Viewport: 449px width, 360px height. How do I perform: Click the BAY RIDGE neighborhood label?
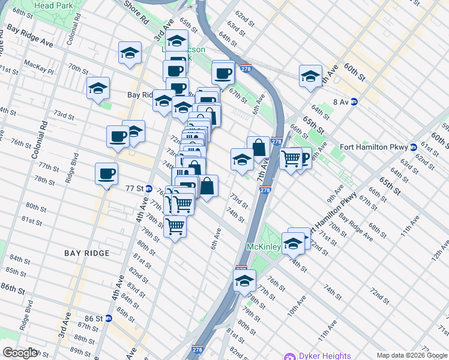pos(88,253)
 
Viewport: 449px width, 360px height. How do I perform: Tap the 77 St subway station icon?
pos(149,188)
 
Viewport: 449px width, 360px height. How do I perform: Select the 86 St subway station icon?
pos(109,318)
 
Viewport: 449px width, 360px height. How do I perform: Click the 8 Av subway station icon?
pos(354,102)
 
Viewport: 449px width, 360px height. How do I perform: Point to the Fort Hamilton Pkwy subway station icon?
pos(413,147)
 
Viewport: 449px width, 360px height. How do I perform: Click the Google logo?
pos(20,352)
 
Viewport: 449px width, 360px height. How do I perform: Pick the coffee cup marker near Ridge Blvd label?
pos(106,174)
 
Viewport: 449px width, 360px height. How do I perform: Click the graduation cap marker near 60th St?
pos(310,76)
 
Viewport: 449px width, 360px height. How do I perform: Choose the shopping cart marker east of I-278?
pos(291,159)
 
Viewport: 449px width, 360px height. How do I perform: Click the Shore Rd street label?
pos(137,11)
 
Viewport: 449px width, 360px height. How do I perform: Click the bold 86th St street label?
pos(16,289)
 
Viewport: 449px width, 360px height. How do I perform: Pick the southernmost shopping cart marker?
pos(175,227)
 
